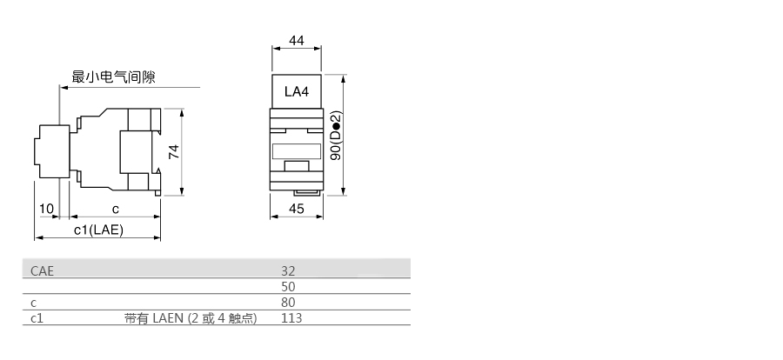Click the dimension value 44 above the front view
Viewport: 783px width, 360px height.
click(297, 41)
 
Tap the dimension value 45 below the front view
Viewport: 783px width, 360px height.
click(297, 209)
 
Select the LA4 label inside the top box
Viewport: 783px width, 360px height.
click(297, 92)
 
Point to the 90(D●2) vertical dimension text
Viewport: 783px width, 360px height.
click(337, 136)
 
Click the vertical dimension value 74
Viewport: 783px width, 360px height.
click(174, 151)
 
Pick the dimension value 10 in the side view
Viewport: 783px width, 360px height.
click(46, 209)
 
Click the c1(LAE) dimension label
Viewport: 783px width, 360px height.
click(98, 230)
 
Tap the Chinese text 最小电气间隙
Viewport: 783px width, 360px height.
click(114, 77)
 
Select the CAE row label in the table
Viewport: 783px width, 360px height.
click(42, 271)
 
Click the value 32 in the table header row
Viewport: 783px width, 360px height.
click(288, 271)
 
